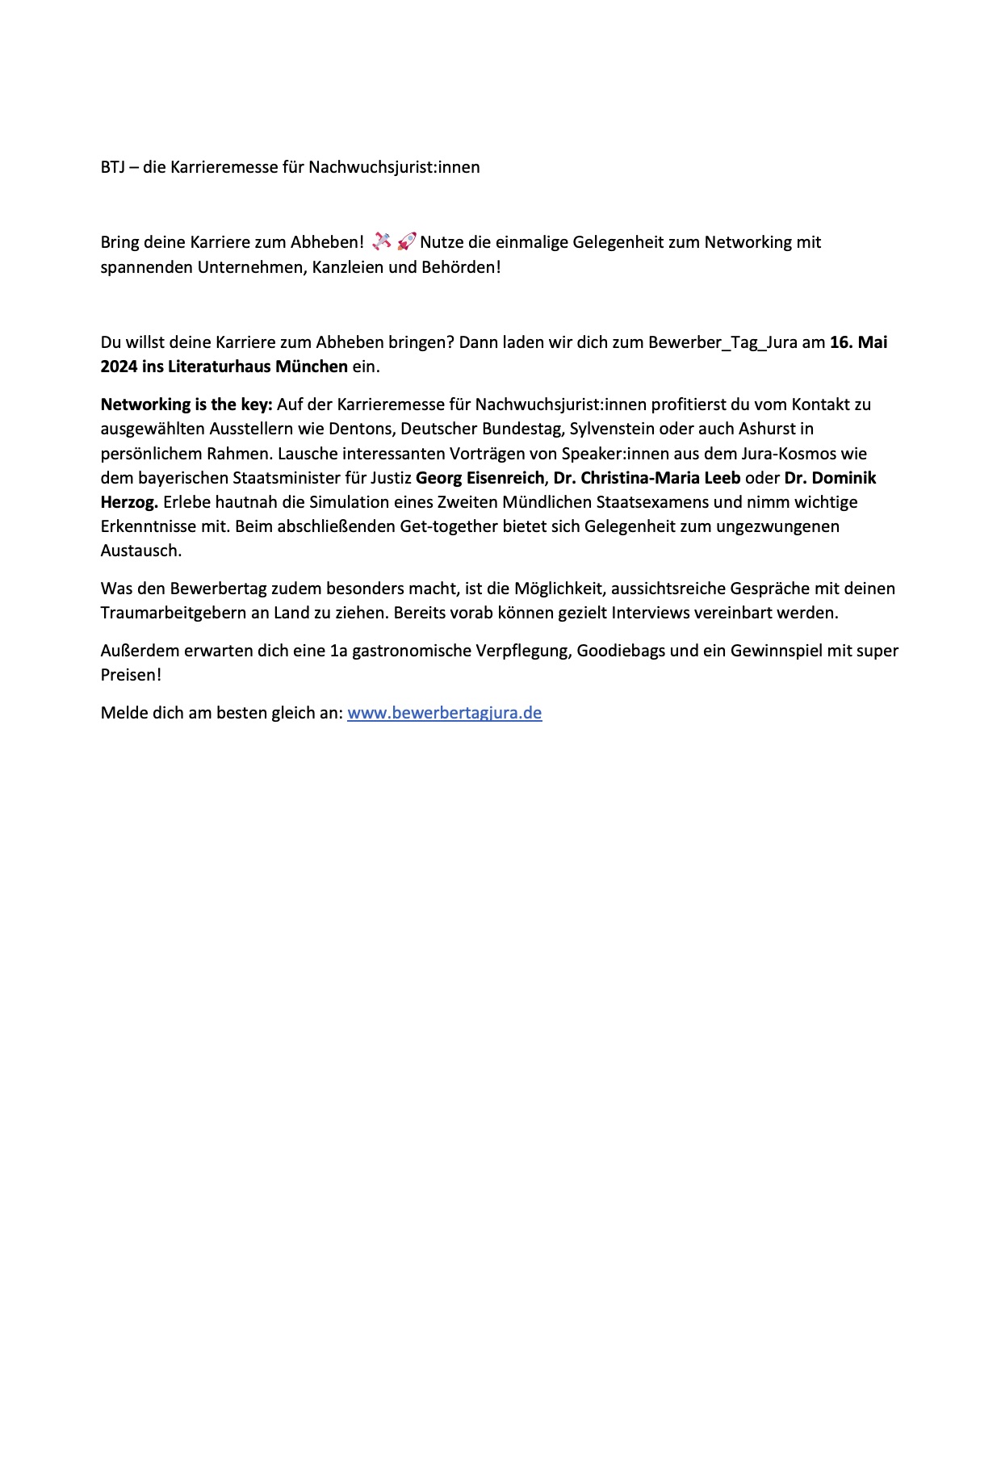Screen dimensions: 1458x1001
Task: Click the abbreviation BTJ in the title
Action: (x=112, y=168)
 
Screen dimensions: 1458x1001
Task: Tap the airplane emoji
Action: (x=381, y=241)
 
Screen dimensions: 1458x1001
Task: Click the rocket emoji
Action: (x=406, y=241)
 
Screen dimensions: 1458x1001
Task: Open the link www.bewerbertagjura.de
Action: (x=444, y=713)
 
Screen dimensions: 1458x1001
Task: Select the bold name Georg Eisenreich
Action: (x=480, y=478)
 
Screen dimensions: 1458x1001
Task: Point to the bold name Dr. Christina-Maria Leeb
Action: (x=647, y=478)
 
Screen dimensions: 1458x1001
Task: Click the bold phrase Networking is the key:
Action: (x=186, y=404)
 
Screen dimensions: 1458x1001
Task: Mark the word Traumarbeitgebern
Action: (x=174, y=613)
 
